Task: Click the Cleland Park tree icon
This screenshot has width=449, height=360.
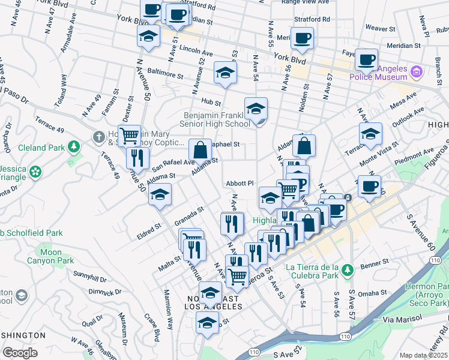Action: (74, 146)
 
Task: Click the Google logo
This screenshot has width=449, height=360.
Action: (20, 353)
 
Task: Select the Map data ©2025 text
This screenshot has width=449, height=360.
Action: (423, 355)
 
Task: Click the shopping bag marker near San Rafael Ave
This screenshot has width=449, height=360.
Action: (200, 150)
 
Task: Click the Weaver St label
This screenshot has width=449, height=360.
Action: (381, 28)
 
